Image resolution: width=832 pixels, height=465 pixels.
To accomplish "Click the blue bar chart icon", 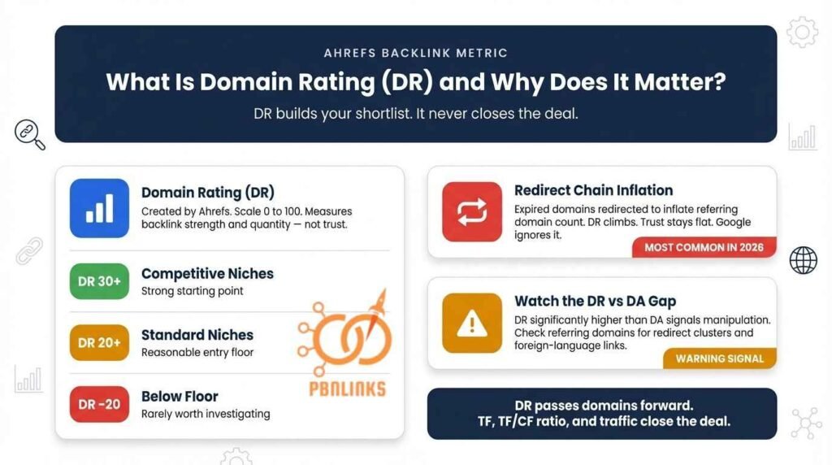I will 99,208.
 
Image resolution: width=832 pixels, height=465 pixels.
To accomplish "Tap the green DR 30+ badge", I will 99,281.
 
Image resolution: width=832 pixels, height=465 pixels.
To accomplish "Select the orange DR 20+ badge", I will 99,343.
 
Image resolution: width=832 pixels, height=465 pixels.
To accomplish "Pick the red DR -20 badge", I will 99,404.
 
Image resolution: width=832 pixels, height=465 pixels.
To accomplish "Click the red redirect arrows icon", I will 472,211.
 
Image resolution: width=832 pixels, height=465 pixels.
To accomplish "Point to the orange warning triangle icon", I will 472,323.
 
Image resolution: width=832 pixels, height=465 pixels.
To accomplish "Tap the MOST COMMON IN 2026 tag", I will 704,247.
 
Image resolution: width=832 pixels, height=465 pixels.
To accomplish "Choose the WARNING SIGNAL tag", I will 719,359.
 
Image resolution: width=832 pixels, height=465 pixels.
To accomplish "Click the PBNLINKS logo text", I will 347,389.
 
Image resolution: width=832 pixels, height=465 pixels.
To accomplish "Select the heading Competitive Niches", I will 207,273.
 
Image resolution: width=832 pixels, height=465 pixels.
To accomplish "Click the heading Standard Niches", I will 197,334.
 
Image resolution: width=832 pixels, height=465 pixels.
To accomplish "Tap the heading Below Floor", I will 180,396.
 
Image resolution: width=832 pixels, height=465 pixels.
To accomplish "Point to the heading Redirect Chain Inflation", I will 593,190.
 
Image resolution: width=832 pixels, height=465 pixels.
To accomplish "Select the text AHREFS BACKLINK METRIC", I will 415,53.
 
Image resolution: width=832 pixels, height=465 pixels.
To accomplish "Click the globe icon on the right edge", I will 803,260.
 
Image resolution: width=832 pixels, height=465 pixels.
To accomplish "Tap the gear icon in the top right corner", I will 801,32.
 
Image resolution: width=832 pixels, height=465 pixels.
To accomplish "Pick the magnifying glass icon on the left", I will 29,134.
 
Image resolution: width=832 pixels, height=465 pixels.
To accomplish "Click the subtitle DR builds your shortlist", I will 415,114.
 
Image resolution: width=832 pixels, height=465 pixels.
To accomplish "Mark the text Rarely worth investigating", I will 206,414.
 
